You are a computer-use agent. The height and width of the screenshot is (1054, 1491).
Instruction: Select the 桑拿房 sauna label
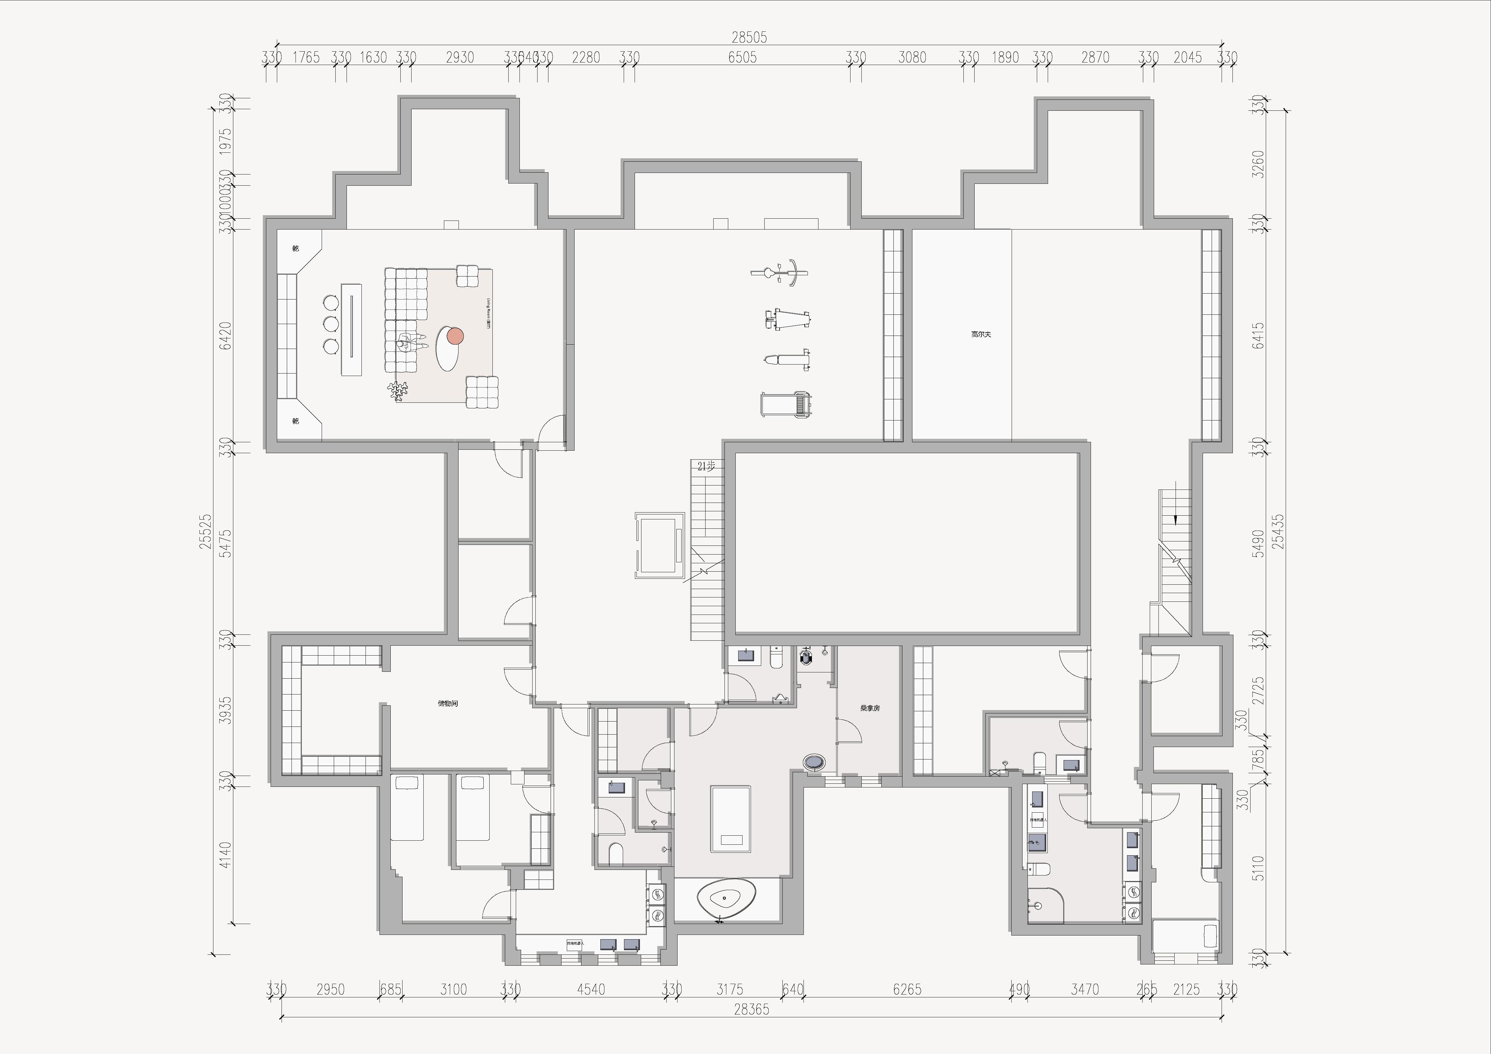869,708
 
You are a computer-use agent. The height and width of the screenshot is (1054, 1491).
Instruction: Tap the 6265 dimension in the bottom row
906,990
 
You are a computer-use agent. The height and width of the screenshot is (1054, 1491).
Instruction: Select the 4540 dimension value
590,990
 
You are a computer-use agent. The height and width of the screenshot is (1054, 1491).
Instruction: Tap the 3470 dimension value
1084,990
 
